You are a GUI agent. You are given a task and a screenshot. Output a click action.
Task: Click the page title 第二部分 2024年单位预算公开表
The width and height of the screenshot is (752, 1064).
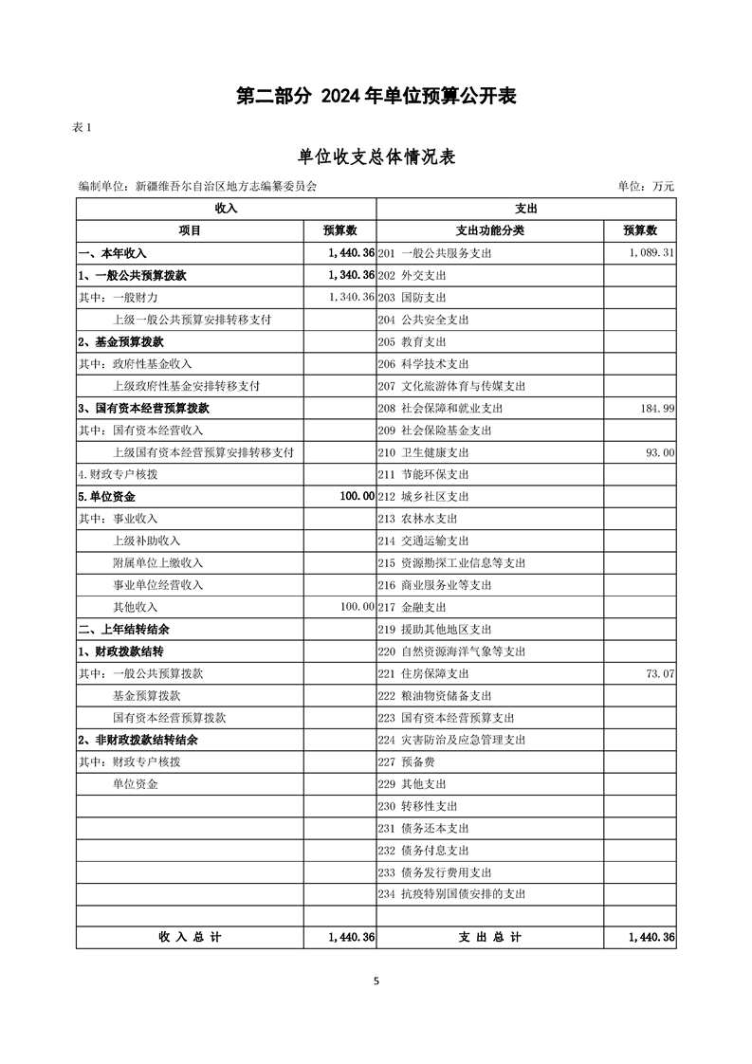click(376, 96)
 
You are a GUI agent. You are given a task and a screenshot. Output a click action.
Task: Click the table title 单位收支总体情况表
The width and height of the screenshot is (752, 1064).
click(376, 156)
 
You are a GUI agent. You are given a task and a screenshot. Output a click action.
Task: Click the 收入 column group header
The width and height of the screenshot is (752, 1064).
click(226, 209)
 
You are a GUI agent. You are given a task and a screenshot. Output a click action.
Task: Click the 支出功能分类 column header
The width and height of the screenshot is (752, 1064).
click(490, 230)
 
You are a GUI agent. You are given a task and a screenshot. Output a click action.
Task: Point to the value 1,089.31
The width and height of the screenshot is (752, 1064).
click(651, 253)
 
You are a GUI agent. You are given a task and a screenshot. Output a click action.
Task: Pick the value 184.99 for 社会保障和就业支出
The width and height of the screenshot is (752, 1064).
click(655, 408)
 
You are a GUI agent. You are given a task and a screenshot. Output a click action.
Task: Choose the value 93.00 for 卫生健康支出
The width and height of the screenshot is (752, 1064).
click(659, 452)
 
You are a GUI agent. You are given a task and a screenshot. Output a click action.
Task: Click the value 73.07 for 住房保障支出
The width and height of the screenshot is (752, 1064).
click(659, 673)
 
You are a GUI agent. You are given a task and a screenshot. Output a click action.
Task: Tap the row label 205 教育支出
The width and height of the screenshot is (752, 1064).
click(412, 341)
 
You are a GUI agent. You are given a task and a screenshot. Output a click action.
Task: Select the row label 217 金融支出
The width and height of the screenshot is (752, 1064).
click(412, 607)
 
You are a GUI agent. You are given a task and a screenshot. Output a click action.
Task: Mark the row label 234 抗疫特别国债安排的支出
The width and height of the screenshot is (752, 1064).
click(451, 894)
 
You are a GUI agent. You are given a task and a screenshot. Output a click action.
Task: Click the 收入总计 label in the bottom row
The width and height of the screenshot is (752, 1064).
click(190, 937)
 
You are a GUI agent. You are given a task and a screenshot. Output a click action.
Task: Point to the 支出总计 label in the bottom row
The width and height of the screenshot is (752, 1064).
click(490, 937)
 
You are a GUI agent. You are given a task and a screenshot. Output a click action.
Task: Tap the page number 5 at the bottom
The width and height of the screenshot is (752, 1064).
click(376, 981)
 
